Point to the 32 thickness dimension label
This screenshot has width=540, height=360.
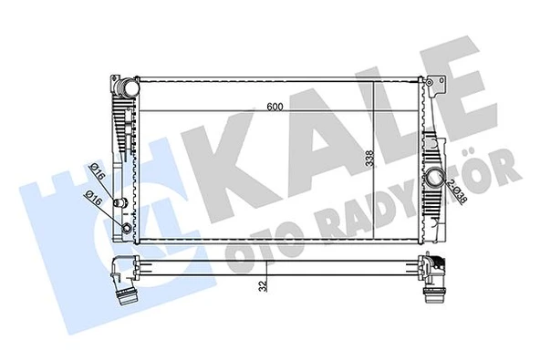point(262,286)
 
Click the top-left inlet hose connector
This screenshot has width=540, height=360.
point(125,89)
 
